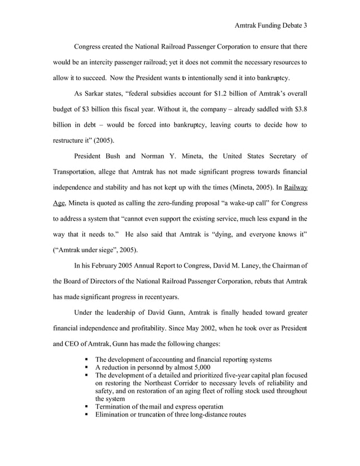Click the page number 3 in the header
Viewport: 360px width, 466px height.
(x=305, y=25)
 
